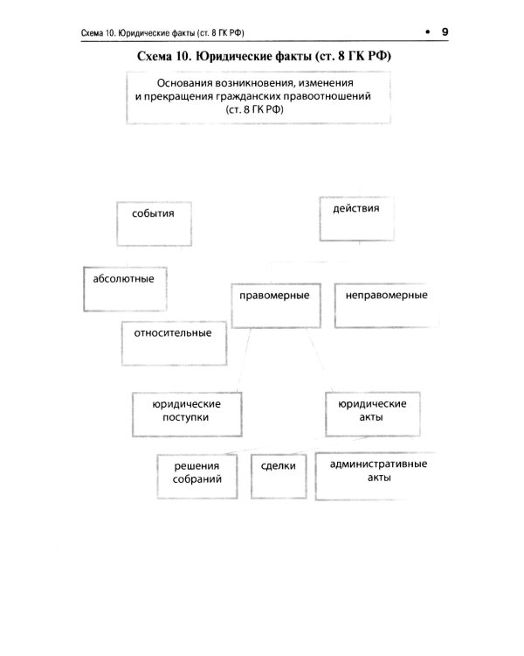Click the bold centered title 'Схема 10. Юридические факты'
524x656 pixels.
[262, 57]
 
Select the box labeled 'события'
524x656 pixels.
[152, 221]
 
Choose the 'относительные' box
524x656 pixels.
[172, 341]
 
